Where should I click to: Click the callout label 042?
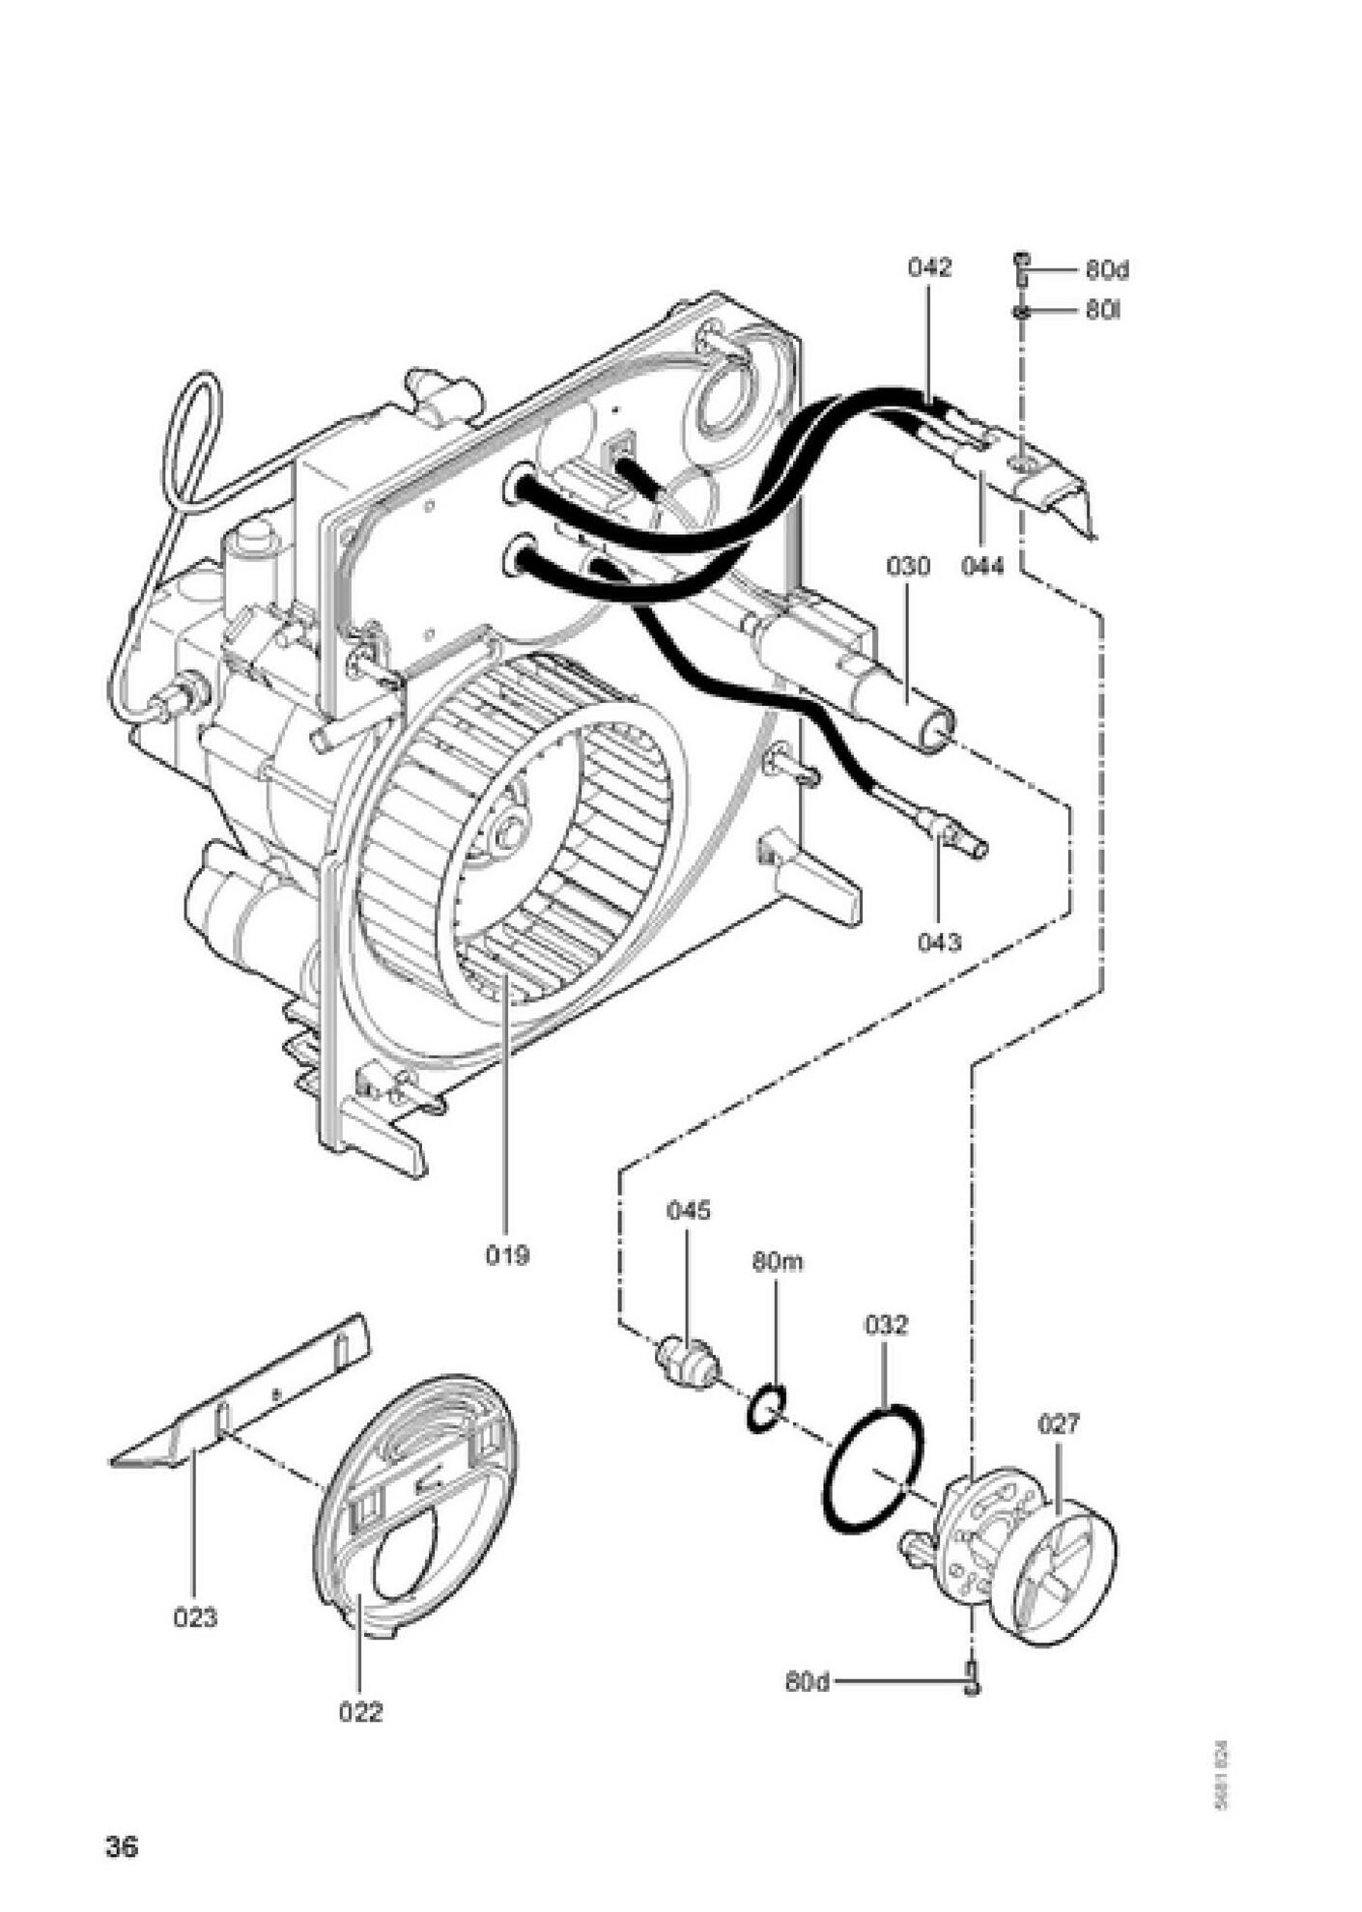coord(929,267)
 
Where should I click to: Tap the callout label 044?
coord(982,565)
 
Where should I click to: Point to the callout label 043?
coord(939,941)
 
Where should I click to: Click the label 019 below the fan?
coord(507,1255)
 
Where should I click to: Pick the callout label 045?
coord(688,1211)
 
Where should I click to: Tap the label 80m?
coord(778,1262)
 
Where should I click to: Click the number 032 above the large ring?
coord(886,1325)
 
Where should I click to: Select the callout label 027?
coord(1059,1424)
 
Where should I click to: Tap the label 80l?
coord(1102,311)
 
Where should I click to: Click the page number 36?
coord(123,1847)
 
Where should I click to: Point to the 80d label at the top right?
coord(1106,269)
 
